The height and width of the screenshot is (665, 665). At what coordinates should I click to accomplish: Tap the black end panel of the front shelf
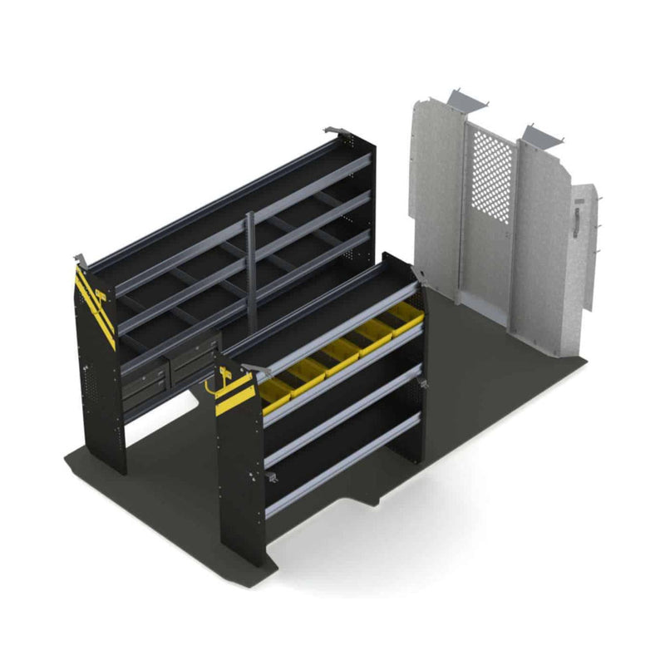click(x=237, y=482)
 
